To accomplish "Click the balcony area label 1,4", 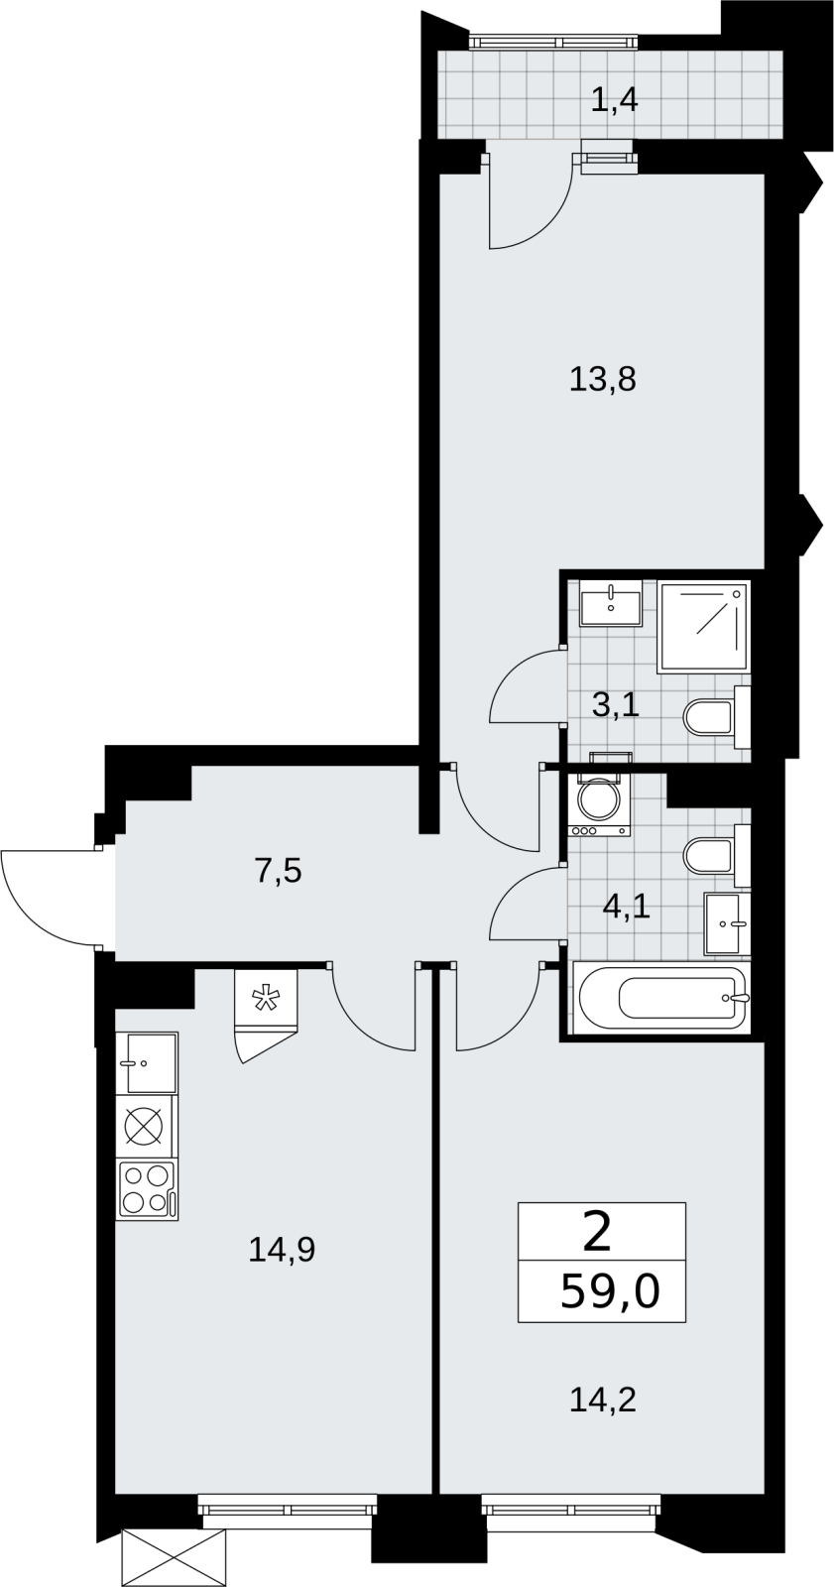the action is pyautogui.click(x=614, y=100).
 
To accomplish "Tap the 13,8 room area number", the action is pyautogui.click(x=602, y=380).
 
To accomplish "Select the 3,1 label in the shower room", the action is pyautogui.click(x=616, y=705).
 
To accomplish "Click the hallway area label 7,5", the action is pyautogui.click(x=278, y=871).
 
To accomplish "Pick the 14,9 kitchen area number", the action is pyautogui.click(x=282, y=1249).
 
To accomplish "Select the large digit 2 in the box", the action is pyautogui.click(x=598, y=1234).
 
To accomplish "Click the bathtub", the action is pyautogui.click(x=660, y=999).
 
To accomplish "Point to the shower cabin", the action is pyautogui.click(x=704, y=626).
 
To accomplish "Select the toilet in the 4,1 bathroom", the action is pyautogui.click(x=717, y=855).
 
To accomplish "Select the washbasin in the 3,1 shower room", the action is pyautogui.click(x=610, y=603).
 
